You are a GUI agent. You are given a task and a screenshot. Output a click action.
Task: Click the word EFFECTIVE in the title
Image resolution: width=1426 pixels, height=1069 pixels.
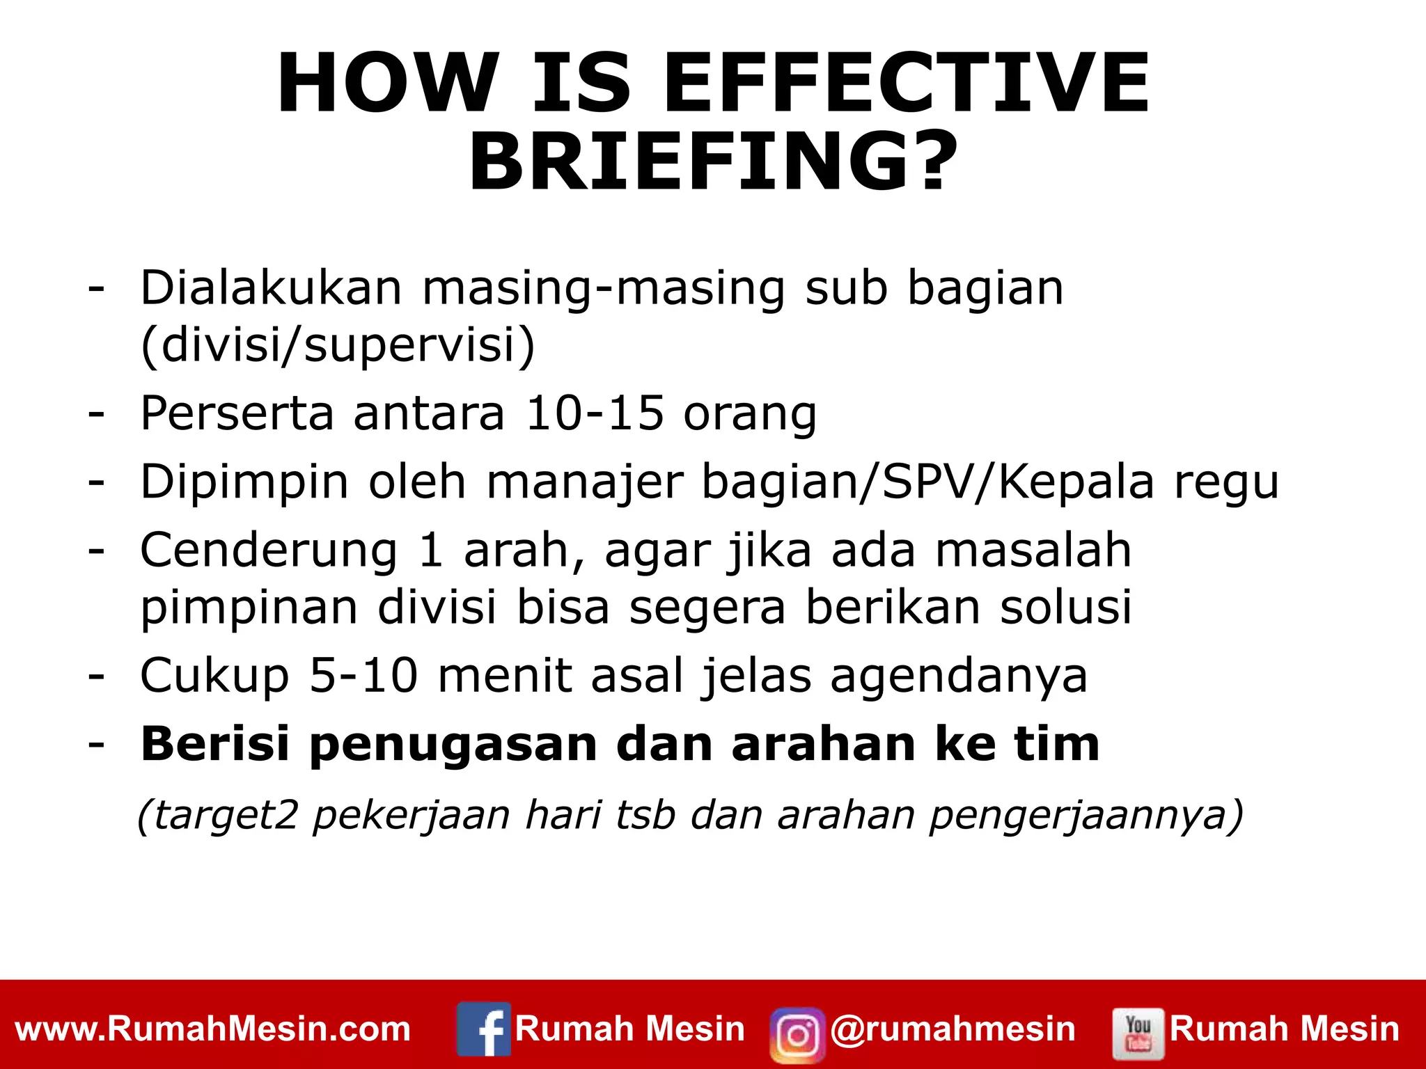(x=907, y=84)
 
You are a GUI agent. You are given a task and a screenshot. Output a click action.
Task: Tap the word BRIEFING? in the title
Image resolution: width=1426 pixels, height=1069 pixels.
(x=713, y=162)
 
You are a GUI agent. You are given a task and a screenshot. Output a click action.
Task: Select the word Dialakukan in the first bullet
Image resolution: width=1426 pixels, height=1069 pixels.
(x=271, y=287)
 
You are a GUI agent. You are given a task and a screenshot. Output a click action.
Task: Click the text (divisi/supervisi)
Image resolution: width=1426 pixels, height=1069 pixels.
(x=338, y=345)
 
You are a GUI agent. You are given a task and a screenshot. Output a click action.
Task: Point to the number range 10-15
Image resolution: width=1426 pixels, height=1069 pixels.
(x=595, y=413)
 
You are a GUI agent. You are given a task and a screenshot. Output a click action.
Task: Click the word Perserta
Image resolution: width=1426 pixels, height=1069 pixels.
(x=237, y=413)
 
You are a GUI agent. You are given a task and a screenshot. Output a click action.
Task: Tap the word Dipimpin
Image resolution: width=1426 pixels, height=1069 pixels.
(x=244, y=482)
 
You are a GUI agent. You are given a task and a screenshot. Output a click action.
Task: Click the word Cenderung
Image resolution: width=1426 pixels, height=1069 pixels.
(x=269, y=551)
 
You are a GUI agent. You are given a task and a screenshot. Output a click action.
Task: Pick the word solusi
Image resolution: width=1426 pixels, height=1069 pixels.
(x=1065, y=607)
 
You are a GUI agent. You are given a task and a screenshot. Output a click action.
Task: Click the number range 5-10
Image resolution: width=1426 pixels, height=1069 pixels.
(x=363, y=675)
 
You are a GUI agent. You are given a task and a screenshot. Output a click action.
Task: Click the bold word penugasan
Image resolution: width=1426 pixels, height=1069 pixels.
(x=453, y=744)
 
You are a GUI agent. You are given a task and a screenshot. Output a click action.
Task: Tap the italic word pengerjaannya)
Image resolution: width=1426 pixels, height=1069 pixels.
(x=1086, y=815)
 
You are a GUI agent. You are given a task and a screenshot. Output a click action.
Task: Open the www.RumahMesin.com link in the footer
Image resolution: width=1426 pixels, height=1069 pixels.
(x=213, y=1029)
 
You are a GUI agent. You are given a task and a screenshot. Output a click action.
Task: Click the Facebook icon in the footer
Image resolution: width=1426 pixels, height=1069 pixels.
(x=484, y=1029)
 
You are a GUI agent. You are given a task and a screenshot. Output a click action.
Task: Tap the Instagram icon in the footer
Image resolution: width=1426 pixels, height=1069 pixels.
(x=797, y=1034)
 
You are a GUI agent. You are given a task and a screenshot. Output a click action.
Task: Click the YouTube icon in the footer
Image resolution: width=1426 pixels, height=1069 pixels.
(x=1138, y=1033)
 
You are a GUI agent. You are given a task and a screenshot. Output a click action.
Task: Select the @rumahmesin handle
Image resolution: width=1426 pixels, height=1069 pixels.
(x=953, y=1029)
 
